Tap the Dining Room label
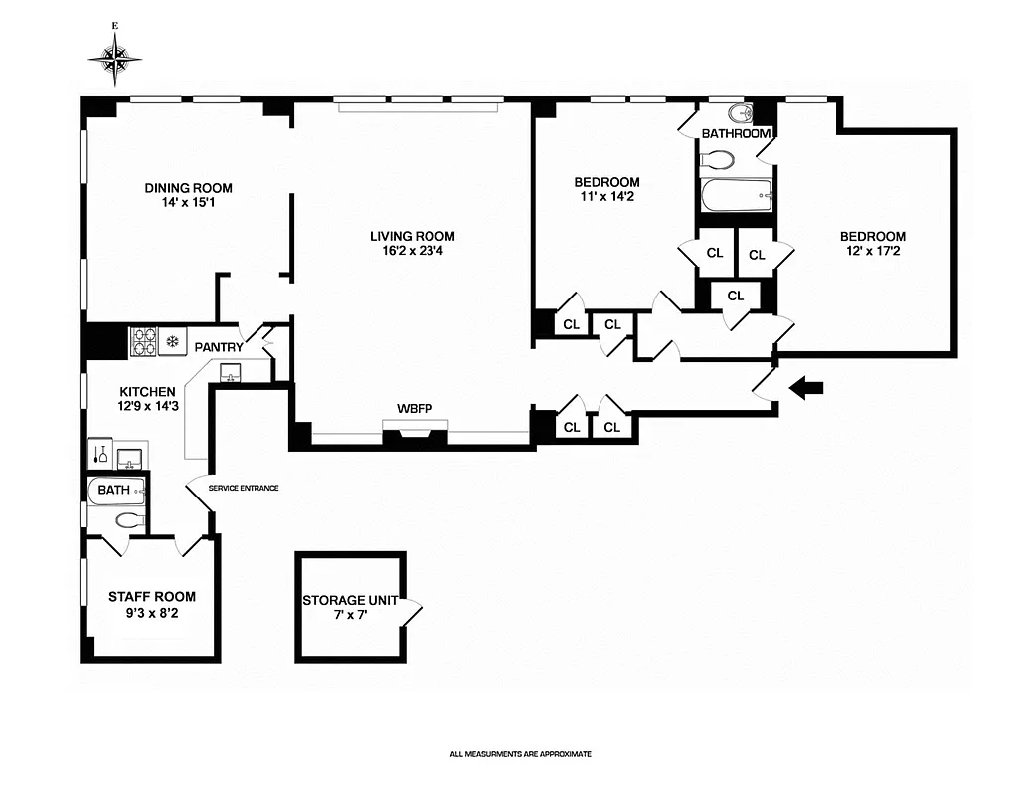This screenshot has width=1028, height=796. [x=188, y=188]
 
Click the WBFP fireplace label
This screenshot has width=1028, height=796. [x=414, y=410]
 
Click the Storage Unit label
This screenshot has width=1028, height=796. [x=350, y=601]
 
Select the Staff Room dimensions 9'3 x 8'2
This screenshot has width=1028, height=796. [x=151, y=613]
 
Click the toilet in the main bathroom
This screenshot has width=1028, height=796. [x=717, y=159]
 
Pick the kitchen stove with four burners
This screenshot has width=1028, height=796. [x=144, y=342]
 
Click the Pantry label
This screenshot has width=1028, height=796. [x=218, y=347]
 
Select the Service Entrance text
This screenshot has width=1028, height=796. [x=244, y=488]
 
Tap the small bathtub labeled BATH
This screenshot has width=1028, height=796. [x=117, y=490]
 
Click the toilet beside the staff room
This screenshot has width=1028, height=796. [x=130, y=519]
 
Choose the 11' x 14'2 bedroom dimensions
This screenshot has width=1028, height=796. [x=606, y=198]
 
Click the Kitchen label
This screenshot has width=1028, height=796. [x=147, y=392]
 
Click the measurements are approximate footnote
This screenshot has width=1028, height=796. [x=520, y=754]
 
